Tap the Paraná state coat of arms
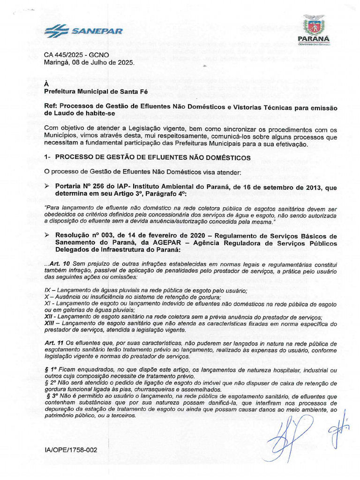click(x=314, y=24)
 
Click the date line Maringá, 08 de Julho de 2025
click(x=89, y=62)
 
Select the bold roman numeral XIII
click(x=49, y=324)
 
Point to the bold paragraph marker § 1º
click(x=51, y=370)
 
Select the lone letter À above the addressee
click(x=46, y=83)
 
